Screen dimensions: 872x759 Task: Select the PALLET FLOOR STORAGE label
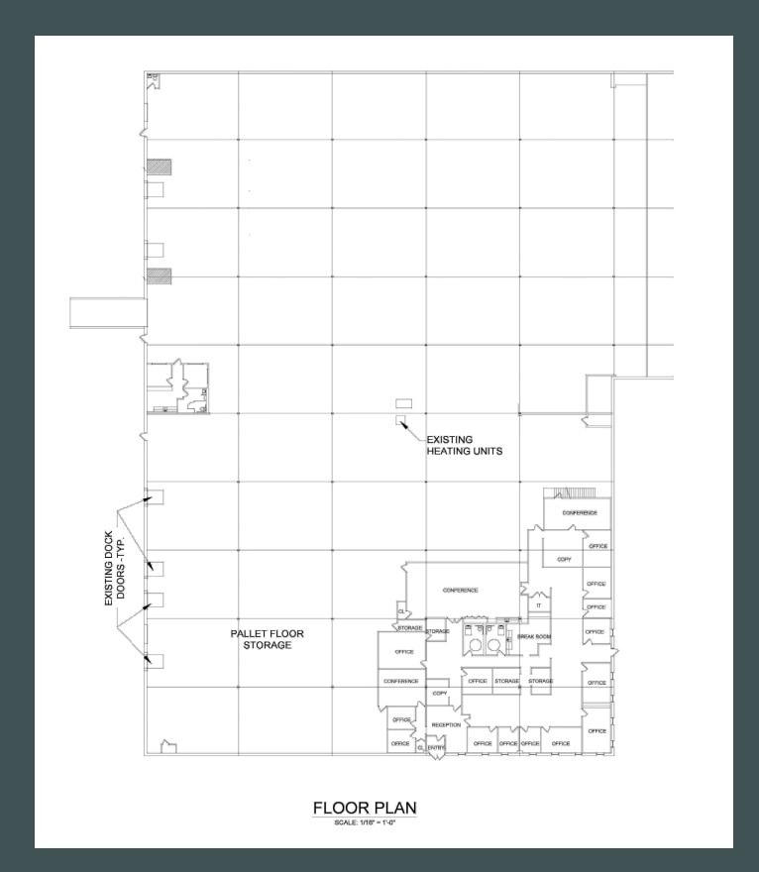point(268,638)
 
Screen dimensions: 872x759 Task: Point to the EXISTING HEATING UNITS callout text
point(464,445)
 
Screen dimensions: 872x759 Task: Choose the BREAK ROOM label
point(533,637)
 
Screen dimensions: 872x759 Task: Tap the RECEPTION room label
point(445,725)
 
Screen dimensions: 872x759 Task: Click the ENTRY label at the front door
point(437,747)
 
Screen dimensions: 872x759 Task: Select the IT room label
point(538,604)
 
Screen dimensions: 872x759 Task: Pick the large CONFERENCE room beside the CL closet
point(461,590)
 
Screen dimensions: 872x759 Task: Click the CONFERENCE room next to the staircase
point(579,513)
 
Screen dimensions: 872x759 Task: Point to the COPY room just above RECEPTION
point(440,694)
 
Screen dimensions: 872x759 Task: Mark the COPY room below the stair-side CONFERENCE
point(564,560)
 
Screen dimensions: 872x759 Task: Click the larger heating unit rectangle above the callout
point(403,402)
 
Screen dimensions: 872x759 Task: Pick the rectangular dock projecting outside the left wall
point(107,312)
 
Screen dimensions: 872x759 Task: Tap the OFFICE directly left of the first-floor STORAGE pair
point(478,682)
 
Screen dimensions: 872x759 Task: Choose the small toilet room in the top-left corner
point(153,76)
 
